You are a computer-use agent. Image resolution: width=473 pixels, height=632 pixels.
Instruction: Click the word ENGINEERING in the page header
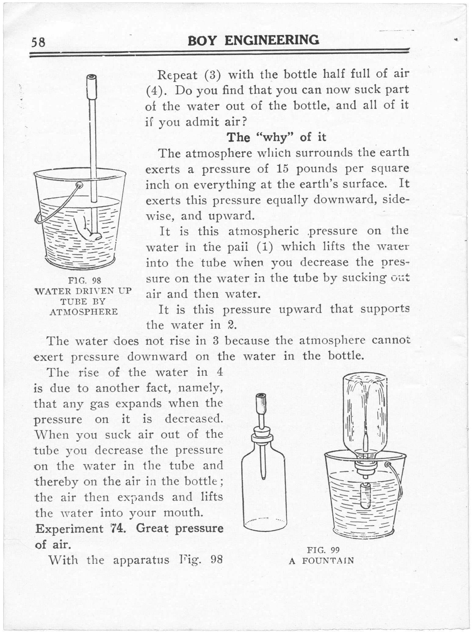click(x=272, y=40)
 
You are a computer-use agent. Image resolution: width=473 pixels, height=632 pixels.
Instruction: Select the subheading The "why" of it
click(x=277, y=138)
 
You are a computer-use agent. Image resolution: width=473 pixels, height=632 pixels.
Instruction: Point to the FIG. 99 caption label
click(x=323, y=550)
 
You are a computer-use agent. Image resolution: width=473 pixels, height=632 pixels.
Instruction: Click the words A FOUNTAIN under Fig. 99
click(x=321, y=561)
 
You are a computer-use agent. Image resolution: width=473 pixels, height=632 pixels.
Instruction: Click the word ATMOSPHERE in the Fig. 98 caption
click(x=83, y=311)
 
